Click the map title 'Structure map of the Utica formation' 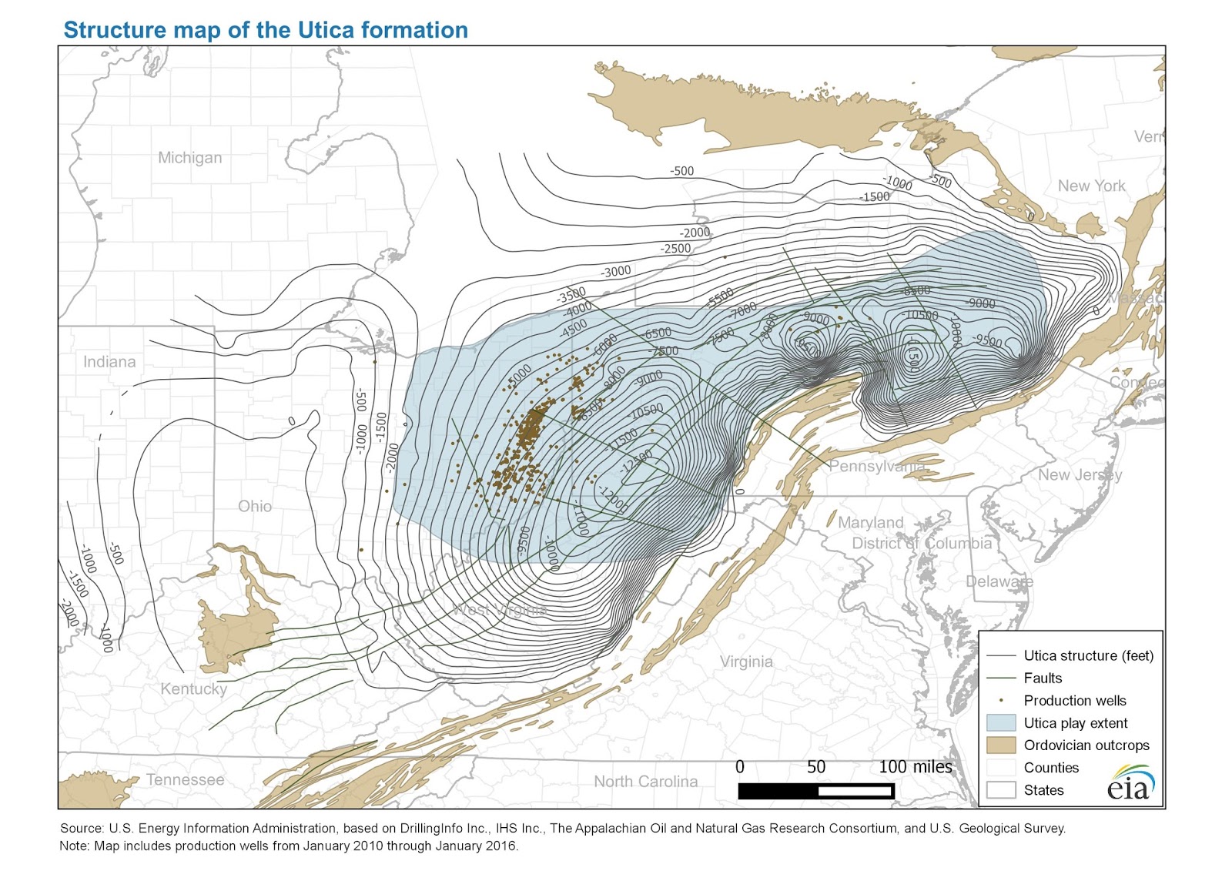[265, 30]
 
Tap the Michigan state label [189, 158]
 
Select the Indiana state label [109, 362]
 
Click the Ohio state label [255, 506]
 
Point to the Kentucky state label [193, 688]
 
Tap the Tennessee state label [185, 779]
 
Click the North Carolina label [645, 782]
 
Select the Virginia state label [746, 662]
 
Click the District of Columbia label [921, 543]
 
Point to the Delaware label [999, 581]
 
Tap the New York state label [1091, 186]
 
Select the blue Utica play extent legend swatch [1000, 723]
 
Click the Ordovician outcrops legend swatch [1000, 745]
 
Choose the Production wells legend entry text [1074, 701]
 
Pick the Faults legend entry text [1043, 678]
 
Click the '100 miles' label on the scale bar [915, 767]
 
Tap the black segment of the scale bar [778, 791]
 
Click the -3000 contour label [616, 271]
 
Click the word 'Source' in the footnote [81, 829]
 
